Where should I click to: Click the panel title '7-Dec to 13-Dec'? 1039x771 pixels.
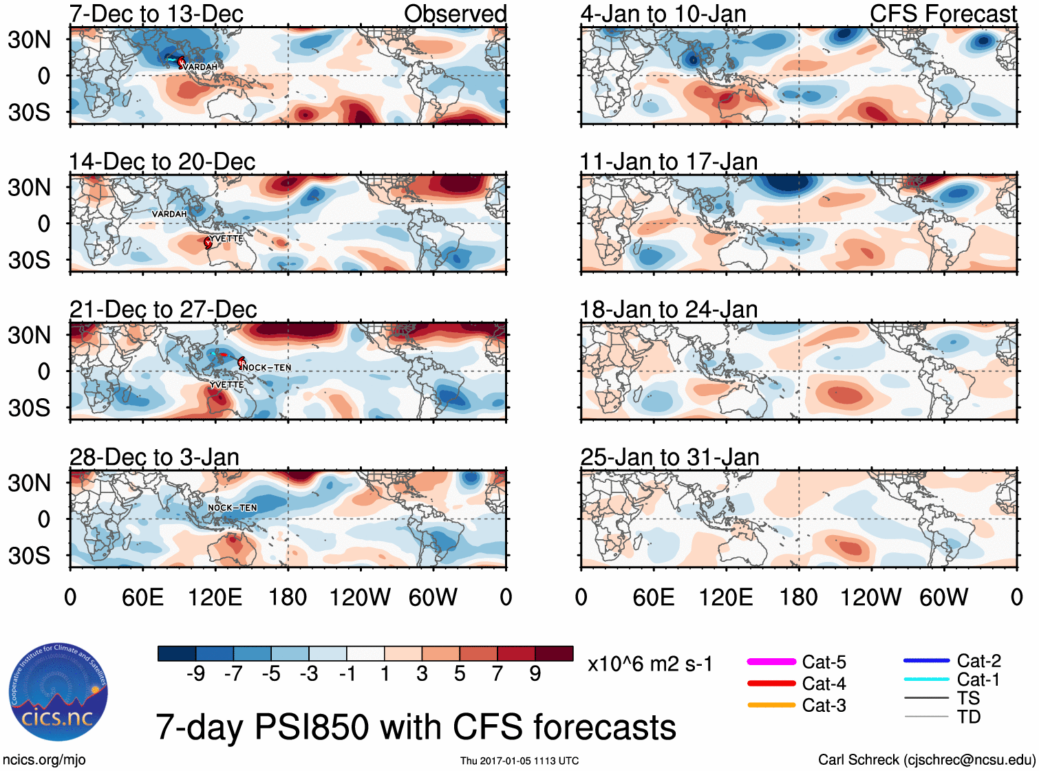point(156,14)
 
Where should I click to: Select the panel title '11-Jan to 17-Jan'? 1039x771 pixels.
point(668,162)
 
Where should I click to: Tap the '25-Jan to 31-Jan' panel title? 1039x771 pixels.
point(670,457)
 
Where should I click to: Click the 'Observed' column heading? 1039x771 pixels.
point(455,14)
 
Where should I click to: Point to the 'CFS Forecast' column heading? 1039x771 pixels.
point(943,14)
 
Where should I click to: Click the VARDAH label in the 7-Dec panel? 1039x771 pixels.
point(201,67)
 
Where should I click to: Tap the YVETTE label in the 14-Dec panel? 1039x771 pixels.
point(226,239)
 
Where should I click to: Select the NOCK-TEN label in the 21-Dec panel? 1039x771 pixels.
point(268,367)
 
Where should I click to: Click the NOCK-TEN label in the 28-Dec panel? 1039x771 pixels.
point(233,508)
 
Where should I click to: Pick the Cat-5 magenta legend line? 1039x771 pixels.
point(771,662)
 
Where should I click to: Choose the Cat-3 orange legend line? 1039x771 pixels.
point(771,705)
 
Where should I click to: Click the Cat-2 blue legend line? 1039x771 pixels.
point(926,660)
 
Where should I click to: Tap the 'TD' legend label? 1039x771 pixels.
point(968,717)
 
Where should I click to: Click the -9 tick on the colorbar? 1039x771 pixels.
point(196,673)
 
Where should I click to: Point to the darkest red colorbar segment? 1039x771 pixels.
point(554,653)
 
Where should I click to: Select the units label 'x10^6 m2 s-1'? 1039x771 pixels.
point(650,664)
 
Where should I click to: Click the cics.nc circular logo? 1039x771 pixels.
point(58,692)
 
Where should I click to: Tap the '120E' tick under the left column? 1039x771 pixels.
point(215,597)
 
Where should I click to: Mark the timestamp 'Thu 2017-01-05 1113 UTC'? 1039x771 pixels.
point(519,761)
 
